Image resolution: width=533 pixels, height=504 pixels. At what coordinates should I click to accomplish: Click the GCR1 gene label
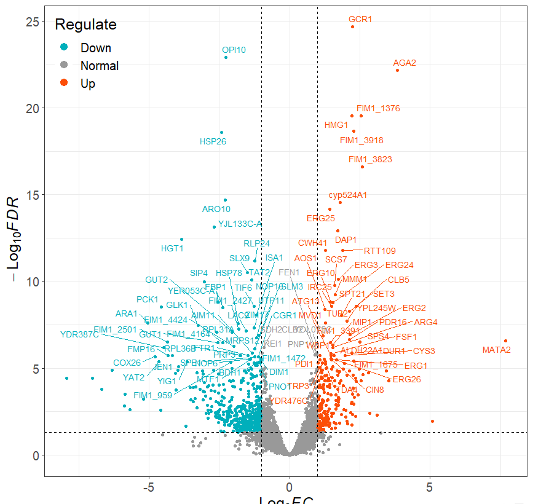click(x=360, y=19)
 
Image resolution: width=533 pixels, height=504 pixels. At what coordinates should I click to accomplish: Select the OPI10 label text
click(x=234, y=50)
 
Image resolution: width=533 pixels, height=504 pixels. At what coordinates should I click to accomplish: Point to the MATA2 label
click(x=496, y=350)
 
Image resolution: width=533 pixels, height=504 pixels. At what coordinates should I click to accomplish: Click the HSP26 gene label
click(x=213, y=141)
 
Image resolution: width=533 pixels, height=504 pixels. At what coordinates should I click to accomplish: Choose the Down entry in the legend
click(x=95, y=48)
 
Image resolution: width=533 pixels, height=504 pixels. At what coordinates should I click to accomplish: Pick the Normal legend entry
click(x=99, y=66)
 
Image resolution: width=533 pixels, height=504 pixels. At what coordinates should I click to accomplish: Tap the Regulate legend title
click(x=85, y=25)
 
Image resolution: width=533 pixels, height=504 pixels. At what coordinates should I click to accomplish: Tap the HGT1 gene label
click(x=172, y=248)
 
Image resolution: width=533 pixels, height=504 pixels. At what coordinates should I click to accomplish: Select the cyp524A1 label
click(x=347, y=195)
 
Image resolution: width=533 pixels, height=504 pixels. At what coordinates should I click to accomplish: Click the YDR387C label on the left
click(x=79, y=334)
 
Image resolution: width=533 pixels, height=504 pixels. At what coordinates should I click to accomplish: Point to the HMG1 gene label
click(x=336, y=125)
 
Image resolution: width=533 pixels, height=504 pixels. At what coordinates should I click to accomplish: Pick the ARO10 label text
click(x=216, y=209)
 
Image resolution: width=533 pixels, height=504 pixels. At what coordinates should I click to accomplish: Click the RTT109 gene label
click(x=380, y=251)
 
